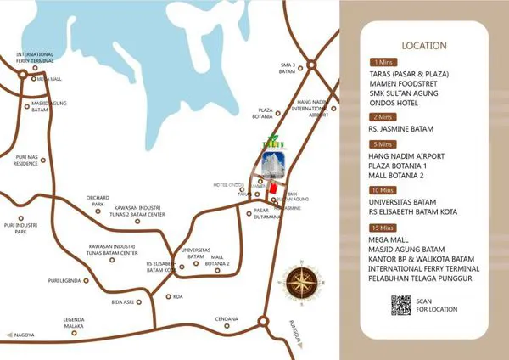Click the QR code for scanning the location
point(401,304)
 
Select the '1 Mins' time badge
point(382,62)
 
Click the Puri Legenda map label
point(64,280)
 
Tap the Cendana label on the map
point(226,318)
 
